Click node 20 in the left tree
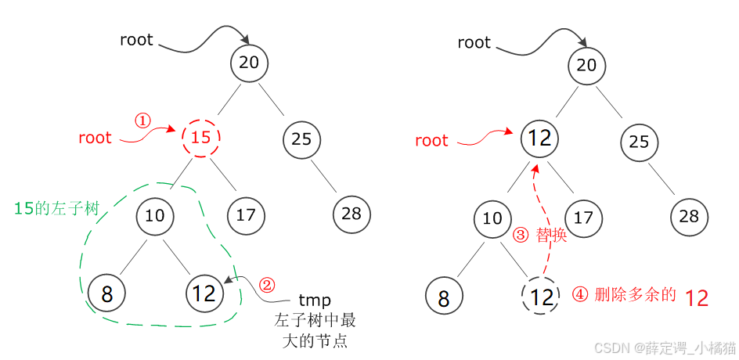coord(249,63)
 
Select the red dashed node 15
coord(201,139)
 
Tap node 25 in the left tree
coord(301,139)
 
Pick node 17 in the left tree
coord(246,214)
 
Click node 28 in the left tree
coord(351,214)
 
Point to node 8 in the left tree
coord(107,293)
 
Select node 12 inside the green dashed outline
coord(204,293)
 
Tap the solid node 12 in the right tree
coord(540,139)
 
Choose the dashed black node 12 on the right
coord(542,297)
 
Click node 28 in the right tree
coord(690,217)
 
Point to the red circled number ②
coord(268,285)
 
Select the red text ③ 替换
coord(540,235)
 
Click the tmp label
coord(315,301)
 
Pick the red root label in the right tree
coord(431,141)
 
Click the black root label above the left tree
coord(136,40)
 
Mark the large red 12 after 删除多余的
coord(697,298)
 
